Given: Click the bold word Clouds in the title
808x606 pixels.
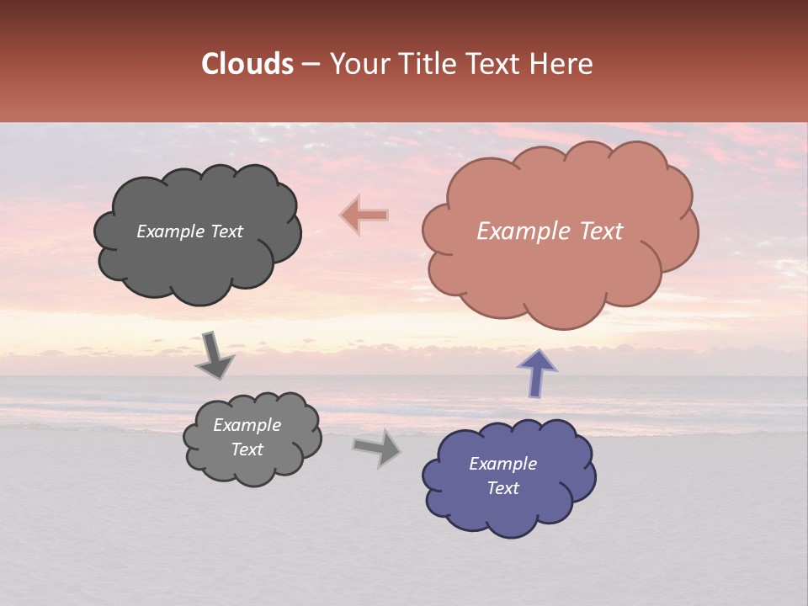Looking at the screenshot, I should (x=247, y=64).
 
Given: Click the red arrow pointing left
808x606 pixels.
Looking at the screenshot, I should (x=364, y=215).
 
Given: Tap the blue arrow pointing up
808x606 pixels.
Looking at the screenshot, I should (x=536, y=373).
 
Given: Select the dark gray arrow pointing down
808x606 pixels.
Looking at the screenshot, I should (x=214, y=354).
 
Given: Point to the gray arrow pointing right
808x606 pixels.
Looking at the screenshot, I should (x=377, y=448).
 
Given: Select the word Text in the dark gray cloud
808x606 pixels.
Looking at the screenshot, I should (x=226, y=231).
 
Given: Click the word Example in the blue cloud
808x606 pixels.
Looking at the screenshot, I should (x=502, y=464).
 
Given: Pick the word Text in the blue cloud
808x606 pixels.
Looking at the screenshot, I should (x=502, y=488).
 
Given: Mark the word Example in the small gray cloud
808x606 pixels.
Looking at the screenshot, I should (x=247, y=425).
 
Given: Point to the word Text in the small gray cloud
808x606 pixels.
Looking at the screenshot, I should (x=247, y=449).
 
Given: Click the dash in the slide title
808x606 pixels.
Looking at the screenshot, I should (x=310, y=65).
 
